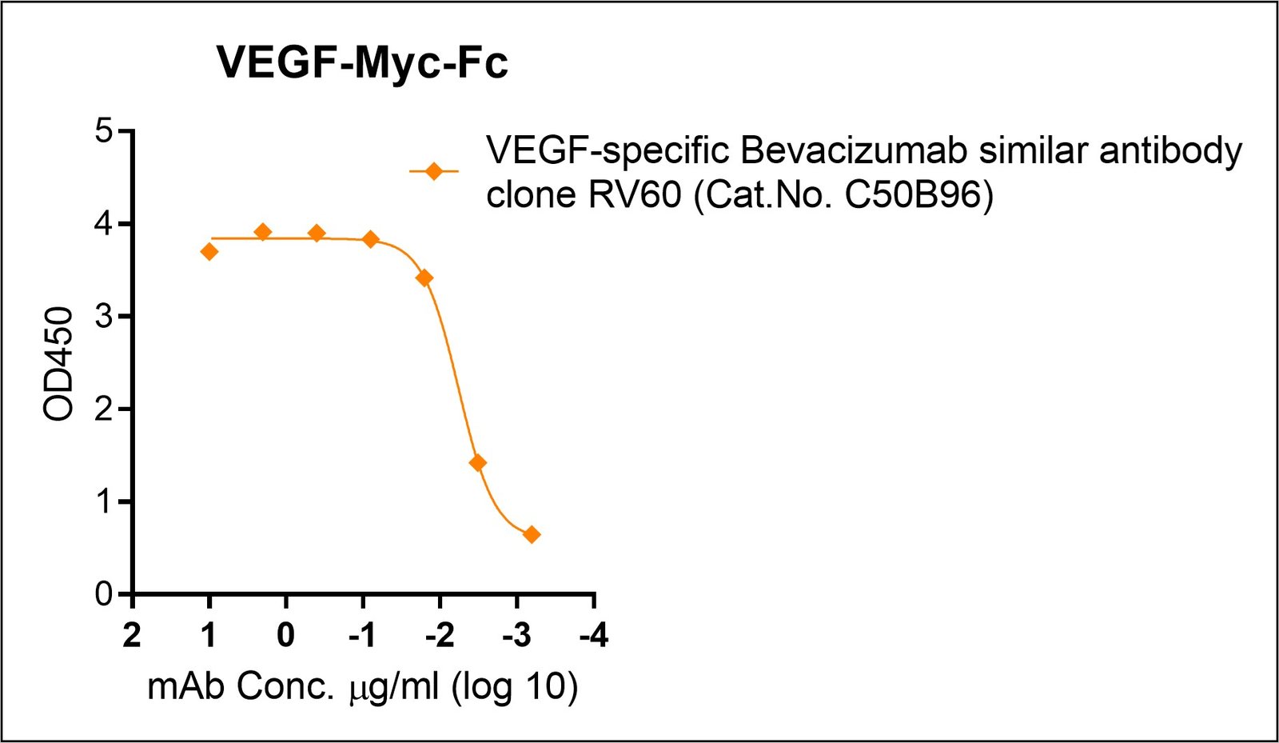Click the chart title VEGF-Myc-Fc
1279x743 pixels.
coord(362,62)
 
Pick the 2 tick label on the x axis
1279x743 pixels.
coord(132,636)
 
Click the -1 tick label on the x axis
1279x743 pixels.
coord(362,636)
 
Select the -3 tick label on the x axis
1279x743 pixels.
coord(516,636)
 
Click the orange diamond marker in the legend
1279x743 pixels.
coord(434,171)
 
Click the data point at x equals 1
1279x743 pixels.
coord(209,252)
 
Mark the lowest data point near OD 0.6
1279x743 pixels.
coord(532,534)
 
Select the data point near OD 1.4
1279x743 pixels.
coord(478,463)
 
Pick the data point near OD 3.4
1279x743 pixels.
coord(424,278)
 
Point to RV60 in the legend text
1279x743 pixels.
coord(636,194)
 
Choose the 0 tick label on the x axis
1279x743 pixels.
coord(285,636)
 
